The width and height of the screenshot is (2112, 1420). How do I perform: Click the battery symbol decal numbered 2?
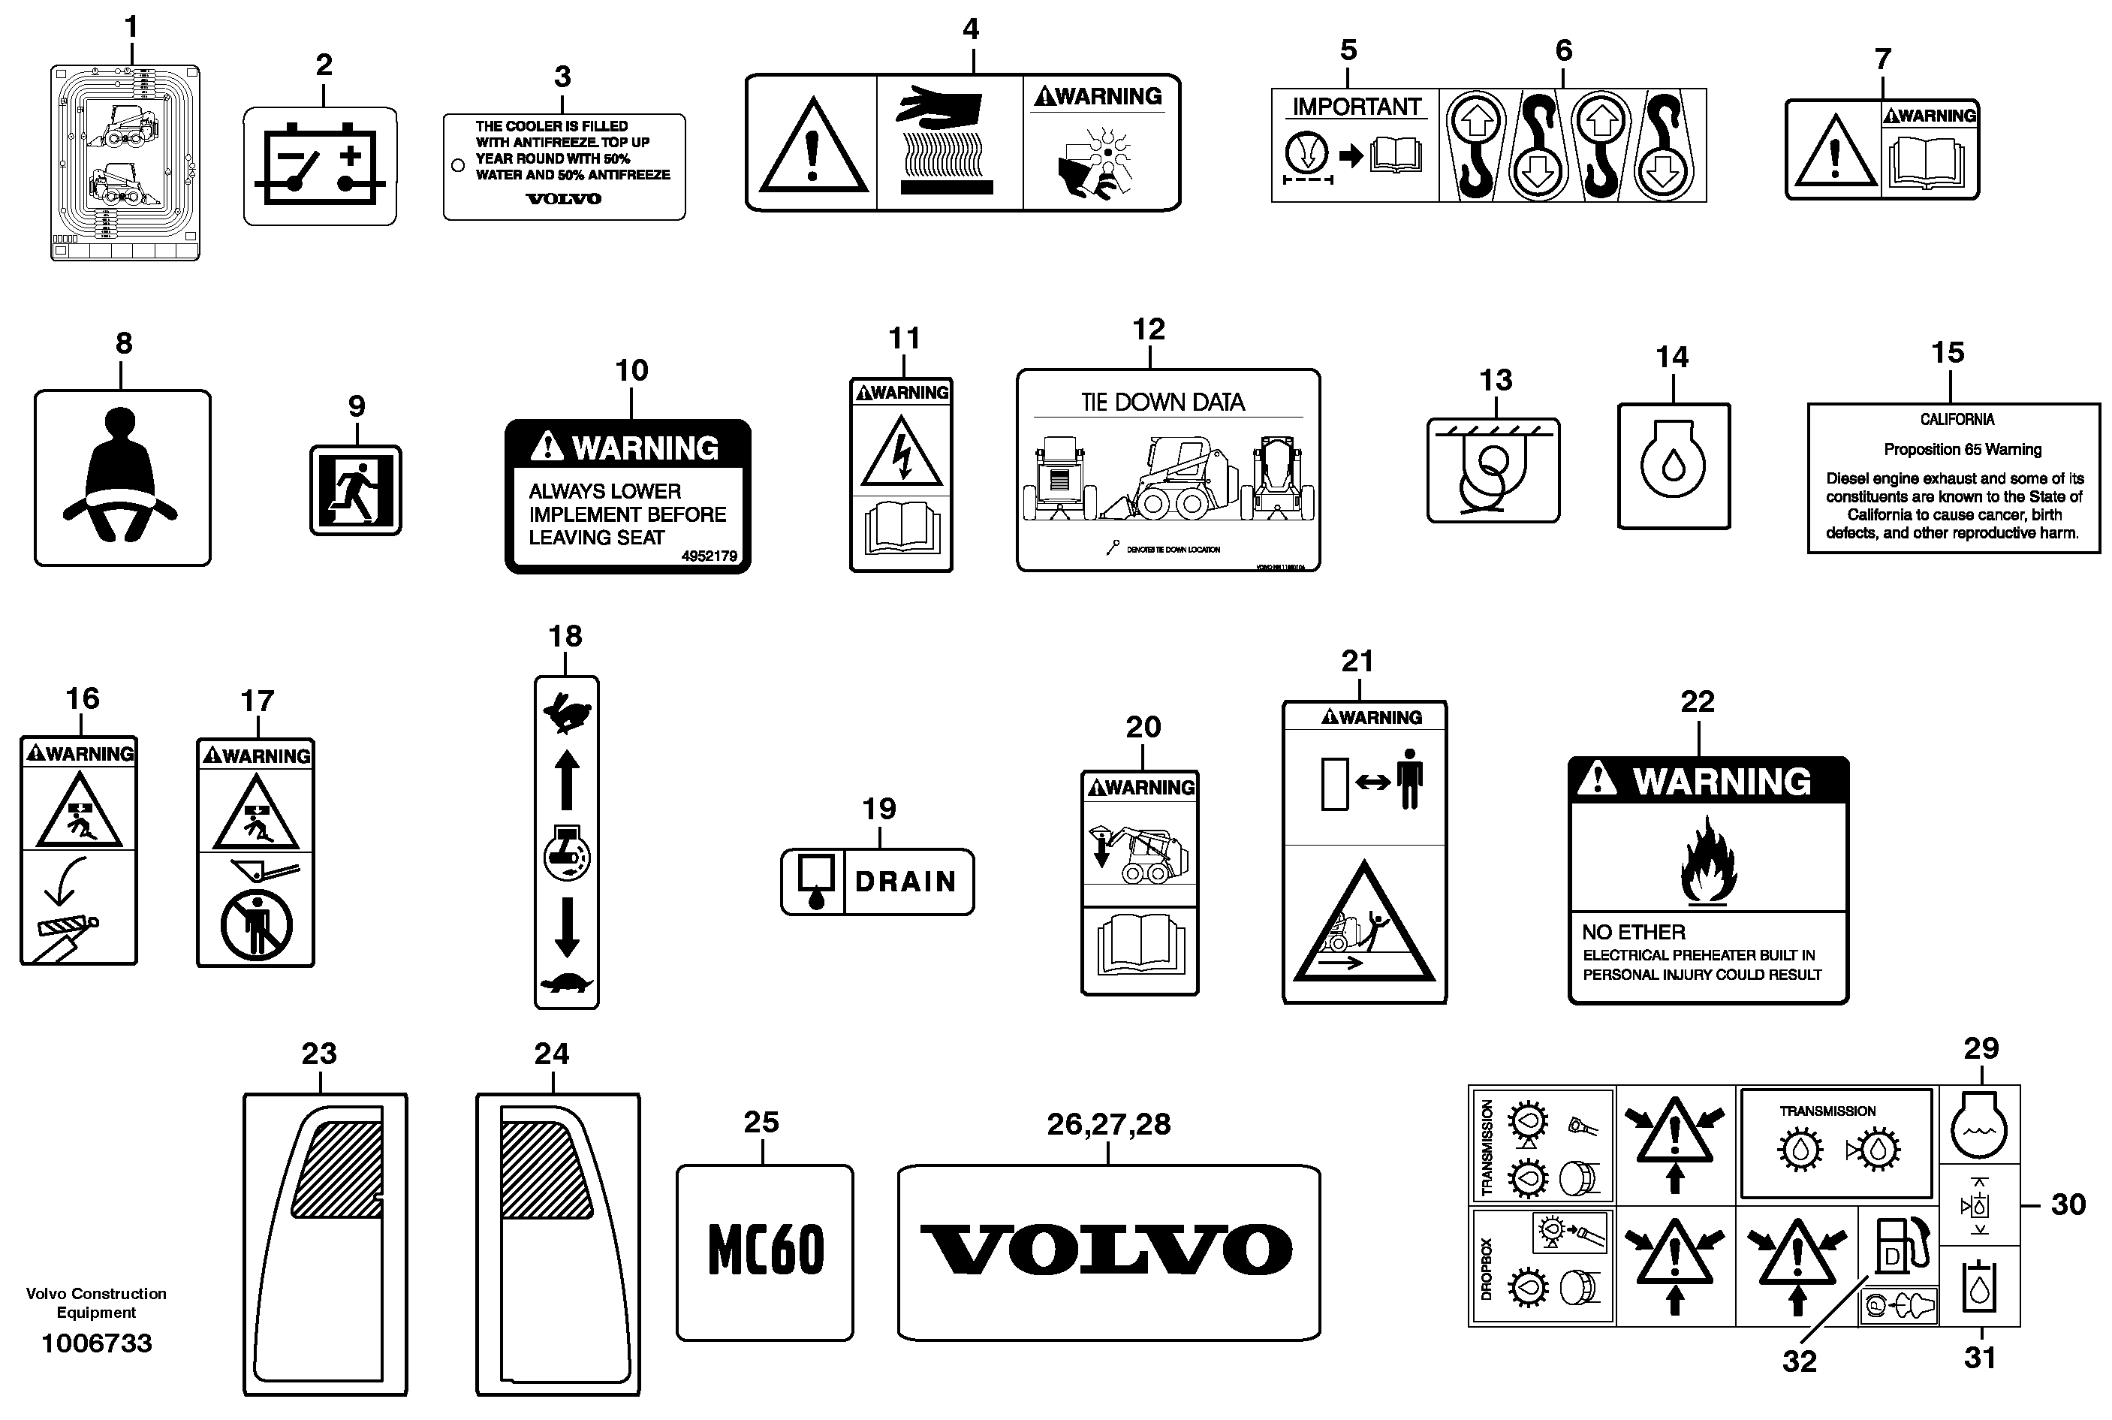(320, 167)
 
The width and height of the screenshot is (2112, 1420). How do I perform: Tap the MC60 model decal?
(766, 1250)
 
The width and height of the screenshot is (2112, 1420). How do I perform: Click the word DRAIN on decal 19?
(905, 881)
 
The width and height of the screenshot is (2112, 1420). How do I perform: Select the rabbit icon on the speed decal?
(567, 713)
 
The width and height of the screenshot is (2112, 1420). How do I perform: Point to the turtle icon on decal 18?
(567, 984)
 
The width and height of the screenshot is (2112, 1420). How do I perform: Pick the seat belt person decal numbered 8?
(122, 478)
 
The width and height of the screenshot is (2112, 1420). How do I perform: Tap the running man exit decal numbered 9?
(356, 490)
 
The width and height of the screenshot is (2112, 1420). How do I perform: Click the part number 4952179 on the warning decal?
(709, 556)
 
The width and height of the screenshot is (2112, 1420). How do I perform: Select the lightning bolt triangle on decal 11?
(901, 453)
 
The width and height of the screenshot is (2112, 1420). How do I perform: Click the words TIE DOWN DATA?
(1162, 402)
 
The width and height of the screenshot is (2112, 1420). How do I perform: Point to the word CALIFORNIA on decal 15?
(1957, 419)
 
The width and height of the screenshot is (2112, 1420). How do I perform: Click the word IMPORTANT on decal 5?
(1356, 107)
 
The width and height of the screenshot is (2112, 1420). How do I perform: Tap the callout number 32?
(1799, 1361)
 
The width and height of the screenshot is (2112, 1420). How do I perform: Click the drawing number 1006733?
(97, 1343)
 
